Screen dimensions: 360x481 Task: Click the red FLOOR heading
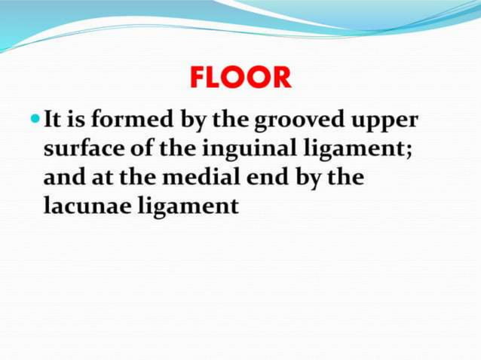point(240,78)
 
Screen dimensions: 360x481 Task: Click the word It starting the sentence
point(54,119)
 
